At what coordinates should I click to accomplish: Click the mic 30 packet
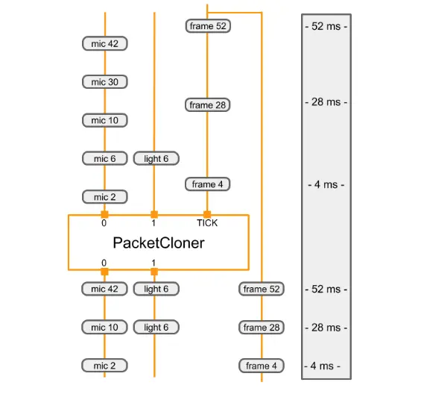click(104, 82)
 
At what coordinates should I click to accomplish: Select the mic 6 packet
click(104, 158)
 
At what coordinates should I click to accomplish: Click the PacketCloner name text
click(158, 243)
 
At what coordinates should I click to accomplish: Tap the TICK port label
click(207, 223)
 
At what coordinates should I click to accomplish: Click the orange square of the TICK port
click(207, 215)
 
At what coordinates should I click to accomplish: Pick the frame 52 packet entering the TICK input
click(207, 26)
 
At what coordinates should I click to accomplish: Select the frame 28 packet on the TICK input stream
click(207, 105)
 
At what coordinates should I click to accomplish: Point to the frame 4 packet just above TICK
click(207, 184)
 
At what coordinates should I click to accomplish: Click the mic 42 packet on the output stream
click(104, 289)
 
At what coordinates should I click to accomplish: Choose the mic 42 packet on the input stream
click(104, 44)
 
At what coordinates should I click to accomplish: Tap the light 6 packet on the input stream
click(156, 158)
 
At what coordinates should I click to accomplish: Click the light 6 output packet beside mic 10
click(156, 327)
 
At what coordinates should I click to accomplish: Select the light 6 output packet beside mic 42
click(156, 289)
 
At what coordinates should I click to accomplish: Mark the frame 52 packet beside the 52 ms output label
click(262, 289)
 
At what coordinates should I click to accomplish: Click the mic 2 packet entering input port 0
click(104, 197)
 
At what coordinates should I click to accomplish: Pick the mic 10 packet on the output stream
click(104, 327)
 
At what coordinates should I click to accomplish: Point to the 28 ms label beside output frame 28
click(326, 328)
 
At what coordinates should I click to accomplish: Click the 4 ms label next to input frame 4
click(326, 184)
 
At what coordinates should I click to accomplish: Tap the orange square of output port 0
click(104, 271)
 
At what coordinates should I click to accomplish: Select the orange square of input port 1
click(154, 215)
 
